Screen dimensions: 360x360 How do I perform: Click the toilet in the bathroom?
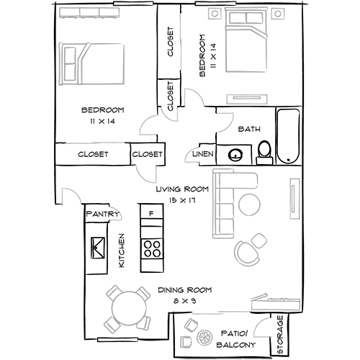point(264,153)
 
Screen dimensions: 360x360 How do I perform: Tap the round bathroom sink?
point(235,155)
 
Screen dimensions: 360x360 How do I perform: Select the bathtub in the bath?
point(288,136)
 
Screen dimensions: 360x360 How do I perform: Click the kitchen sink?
point(98,248)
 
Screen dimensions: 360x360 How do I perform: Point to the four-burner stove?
point(151,248)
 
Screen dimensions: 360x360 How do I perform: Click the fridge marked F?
point(151,212)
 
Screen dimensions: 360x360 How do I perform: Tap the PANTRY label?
point(103,214)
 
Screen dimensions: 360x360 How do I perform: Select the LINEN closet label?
point(203,154)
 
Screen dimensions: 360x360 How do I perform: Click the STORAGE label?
point(280,335)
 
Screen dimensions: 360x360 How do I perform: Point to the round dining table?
point(129,308)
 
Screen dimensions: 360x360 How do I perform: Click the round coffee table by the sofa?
point(249,204)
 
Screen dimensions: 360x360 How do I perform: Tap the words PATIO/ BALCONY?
point(235,339)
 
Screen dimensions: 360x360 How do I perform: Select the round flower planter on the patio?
point(204,338)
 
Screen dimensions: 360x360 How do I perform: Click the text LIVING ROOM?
point(182,189)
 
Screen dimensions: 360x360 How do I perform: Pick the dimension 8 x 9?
point(184,301)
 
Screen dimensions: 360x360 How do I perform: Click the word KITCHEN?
point(122,251)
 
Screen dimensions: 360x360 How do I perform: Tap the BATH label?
point(249,129)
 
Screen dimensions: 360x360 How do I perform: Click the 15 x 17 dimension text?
point(182,200)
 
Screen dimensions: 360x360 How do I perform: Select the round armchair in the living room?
point(247,253)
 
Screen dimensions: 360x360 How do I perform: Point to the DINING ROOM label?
point(185,290)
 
